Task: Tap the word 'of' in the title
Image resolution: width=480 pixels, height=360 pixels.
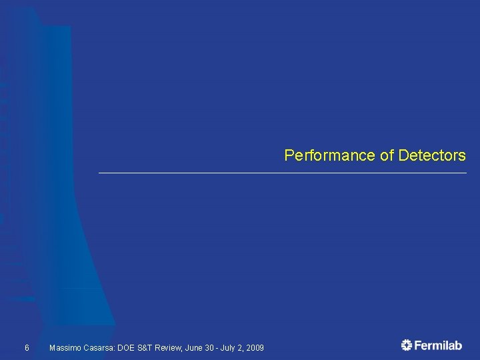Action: (x=387, y=155)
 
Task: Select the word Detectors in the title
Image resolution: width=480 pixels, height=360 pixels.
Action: (x=432, y=155)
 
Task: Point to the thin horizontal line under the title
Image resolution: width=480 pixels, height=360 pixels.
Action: (x=283, y=173)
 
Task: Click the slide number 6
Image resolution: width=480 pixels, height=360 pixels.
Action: (x=27, y=348)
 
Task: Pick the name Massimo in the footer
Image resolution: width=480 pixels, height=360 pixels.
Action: (x=65, y=348)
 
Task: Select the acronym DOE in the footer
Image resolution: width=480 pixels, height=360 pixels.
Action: (x=127, y=348)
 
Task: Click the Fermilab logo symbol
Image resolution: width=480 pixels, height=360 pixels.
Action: (x=407, y=345)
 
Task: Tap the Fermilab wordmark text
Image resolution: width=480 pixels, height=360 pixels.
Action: (x=439, y=345)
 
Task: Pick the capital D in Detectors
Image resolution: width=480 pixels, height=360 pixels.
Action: (x=403, y=155)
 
